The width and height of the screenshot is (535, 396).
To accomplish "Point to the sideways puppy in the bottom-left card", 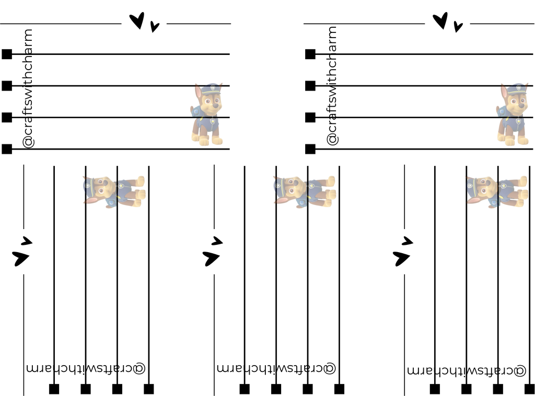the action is [114, 191].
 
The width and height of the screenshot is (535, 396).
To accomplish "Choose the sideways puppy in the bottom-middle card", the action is [305, 191].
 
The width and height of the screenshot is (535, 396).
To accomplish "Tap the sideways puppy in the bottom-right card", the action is [497, 191].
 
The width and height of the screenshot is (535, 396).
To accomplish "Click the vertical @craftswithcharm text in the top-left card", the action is [28, 89].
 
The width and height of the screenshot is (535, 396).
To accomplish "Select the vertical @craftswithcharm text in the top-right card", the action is [332, 86].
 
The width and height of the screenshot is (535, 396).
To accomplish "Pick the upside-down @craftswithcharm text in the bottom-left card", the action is [86, 368].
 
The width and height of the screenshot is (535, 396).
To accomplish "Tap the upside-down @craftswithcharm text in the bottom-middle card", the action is [276, 368].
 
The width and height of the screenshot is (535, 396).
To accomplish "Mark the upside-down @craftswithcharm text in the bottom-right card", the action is [467, 370].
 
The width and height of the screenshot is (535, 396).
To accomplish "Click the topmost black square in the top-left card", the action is [7, 54].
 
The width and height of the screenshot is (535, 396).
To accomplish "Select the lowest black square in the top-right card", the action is [310, 149].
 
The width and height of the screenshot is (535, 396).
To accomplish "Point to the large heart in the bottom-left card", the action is [20, 258].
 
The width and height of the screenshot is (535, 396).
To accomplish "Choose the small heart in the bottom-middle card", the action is [217, 241].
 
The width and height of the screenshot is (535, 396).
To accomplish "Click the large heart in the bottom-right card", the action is [401, 258].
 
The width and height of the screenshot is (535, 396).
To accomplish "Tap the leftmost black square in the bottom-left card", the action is [54, 389].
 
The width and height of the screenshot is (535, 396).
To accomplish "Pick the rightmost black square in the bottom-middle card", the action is [339, 389].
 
